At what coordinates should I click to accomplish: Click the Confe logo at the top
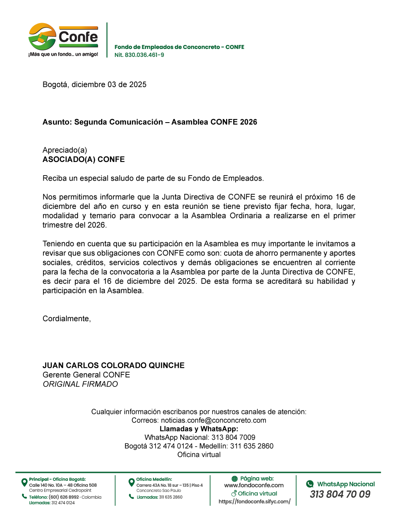click(x=63, y=37)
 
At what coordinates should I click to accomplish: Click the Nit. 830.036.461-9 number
click(x=139, y=55)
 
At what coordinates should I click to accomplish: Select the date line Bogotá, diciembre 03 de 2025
click(x=94, y=84)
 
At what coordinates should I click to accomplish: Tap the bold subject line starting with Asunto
click(x=150, y=122)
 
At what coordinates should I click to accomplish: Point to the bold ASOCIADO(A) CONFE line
click(x=84, y=159)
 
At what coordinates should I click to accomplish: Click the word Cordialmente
click(x=66, y=318)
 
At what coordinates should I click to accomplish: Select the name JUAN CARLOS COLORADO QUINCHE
click(x=113, y=365)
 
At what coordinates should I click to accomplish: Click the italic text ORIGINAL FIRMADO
click(x=80, y=384)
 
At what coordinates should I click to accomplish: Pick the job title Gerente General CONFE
click(x=86, y=375)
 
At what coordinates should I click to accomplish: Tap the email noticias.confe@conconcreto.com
click(x=213, y=420)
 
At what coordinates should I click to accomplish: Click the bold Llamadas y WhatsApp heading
click(x=199, y=429)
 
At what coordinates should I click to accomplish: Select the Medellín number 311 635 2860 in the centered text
click(x=252, y=446)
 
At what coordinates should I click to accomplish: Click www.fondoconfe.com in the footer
click(x=254, y=485)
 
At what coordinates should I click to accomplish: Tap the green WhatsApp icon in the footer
click(x=310, y=484)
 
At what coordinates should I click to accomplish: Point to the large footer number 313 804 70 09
click(x=340, y=494)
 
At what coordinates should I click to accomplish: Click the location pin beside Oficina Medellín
click(x=131, y=482)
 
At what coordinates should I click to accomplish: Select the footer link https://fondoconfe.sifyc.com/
click(x=254, y=501)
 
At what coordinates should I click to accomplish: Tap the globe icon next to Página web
click(x=234, y=479)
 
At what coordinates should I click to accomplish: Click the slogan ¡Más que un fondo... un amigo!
click(x=63, y=54)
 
